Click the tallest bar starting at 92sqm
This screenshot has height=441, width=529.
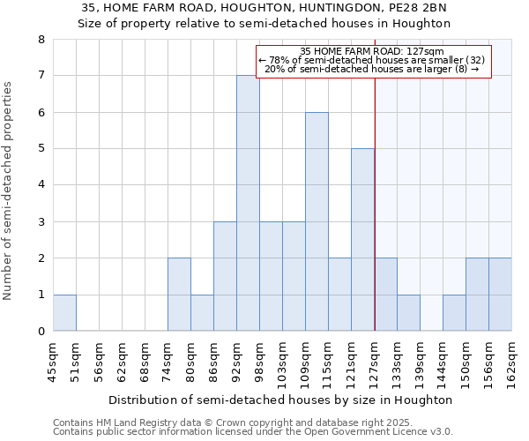[x=248, y=203]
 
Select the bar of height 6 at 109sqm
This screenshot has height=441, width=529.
[x=317, y=221]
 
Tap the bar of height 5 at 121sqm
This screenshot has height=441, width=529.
[x=362, y=240]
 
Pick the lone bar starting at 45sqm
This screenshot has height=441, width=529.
[x=64, y=312]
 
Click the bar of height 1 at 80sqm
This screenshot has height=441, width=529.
[x=202, y=312]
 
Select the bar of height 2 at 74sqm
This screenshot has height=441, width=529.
[x=179, y=295]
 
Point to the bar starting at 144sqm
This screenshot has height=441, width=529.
[x=454, y=312]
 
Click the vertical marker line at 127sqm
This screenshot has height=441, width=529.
[x=375, y=203]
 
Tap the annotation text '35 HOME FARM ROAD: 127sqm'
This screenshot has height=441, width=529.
[x=371, y=52]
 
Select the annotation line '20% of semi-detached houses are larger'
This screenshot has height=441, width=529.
[x=371, y=69]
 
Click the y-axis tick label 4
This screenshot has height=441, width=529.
[x=41, y=185]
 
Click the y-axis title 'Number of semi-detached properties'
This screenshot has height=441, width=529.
[x=9, y=191]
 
